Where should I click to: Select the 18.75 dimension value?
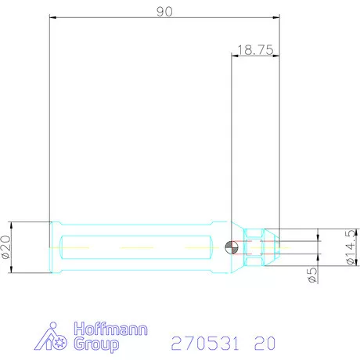click(x=254, y=49)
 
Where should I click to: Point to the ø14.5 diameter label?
click(x=349, y=247)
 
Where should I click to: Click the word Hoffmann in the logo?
click(x=109, y=330)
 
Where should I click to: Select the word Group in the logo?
click(x=95, y=344)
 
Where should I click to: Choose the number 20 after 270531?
click(x=265, y=343)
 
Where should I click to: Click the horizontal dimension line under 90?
click(x=164, y=16)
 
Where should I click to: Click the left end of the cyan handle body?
click(x=52, y=247)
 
